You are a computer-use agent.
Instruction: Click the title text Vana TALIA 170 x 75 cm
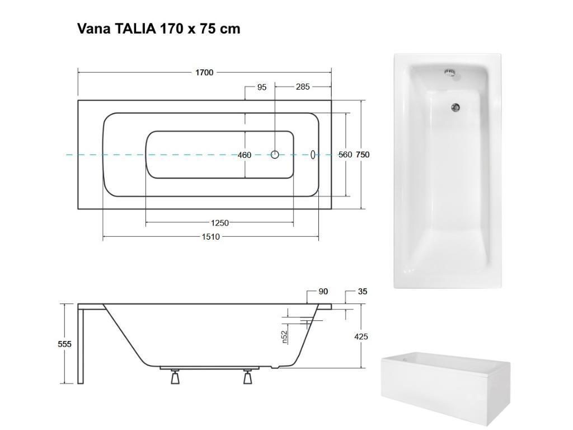point(158,29)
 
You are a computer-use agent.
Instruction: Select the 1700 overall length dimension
point(204,72)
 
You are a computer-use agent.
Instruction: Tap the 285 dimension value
point(303,87)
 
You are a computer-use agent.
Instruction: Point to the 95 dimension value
point(262,87)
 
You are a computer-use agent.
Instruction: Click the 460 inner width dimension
point(245,155)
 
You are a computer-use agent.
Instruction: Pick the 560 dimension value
point(345,155)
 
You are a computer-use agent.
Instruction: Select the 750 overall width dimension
point(363,155)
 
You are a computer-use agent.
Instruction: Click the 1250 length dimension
point(219,223)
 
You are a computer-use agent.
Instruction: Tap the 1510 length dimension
point(211,237)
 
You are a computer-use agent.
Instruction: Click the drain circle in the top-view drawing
point(275,155)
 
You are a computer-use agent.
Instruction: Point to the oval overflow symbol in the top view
point(313,155)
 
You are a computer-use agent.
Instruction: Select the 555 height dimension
point(65,344)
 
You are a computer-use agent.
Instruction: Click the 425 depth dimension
point(361,337)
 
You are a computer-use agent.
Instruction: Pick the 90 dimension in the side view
point(323,292)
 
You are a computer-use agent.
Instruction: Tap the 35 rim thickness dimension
point(363,292)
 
